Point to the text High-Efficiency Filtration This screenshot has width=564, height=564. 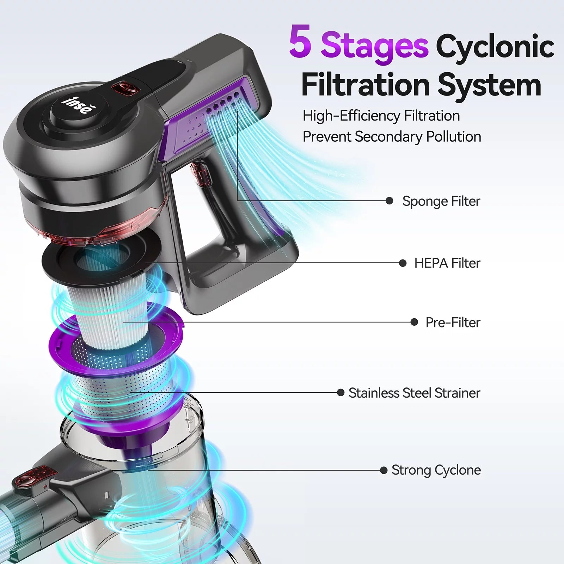click(x=381, y=116)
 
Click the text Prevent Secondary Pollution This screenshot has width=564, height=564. click(x=392, y=137)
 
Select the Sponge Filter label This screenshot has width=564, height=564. click(x=441, y=201)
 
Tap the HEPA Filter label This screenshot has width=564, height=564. click(x=447, y=263)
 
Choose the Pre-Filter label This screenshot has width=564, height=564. click(x=453, y=323)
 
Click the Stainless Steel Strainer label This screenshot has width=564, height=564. click(x=414, y=393)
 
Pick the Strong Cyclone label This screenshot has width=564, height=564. click(x=436, y=470)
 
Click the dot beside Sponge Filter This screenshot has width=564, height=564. click(x=390, y=201)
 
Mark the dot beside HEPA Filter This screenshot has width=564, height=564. click(x=403, y=263)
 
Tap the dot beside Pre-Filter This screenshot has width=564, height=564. click(x=414, y=322)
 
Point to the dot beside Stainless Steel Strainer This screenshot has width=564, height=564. click(x=341, y=392)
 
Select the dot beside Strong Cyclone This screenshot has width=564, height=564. click(x=384, y=470)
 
